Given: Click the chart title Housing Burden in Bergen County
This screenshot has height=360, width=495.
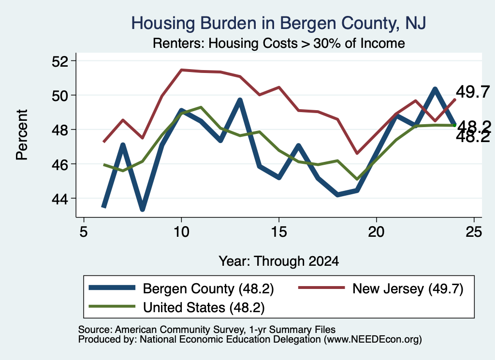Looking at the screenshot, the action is point(278,23).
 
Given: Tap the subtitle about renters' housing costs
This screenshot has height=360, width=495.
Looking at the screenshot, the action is point(279,43).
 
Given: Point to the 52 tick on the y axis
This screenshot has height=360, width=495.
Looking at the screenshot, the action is point(60,61).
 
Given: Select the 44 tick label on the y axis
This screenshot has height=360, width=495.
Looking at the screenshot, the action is point(60,199).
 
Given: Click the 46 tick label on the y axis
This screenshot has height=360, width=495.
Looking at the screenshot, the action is point(60,164).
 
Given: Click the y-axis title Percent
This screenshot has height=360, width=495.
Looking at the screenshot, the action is point(22,135).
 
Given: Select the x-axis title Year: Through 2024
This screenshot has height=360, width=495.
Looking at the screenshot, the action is point(279,261).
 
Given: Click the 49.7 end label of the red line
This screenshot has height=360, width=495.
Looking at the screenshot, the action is point(473,92).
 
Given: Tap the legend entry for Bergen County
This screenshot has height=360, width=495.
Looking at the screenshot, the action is point(181,288).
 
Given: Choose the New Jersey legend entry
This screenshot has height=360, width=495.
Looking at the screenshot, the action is point(381,288).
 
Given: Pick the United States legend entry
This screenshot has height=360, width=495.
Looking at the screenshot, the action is point(176,307).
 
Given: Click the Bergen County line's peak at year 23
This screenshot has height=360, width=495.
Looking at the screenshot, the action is point(435,89).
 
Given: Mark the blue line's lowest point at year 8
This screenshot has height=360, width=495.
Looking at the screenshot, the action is point(143,209).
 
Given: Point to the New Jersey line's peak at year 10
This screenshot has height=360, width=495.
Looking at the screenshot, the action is point(181,70).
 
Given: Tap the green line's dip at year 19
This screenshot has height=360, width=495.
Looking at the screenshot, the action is point(357,179).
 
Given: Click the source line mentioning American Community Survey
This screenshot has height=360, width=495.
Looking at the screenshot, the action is point(207,330).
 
